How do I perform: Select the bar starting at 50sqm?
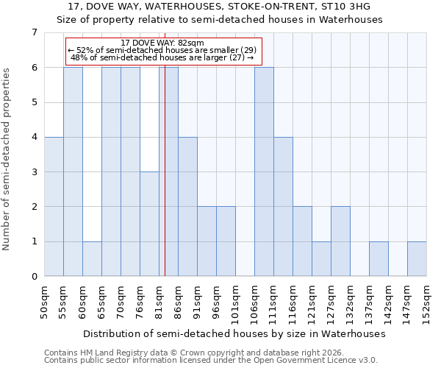coord(54,206)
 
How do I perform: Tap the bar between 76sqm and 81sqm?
coord(149,224)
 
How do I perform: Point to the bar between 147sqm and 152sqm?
coord(417,258)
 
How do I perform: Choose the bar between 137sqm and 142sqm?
coord(379,258)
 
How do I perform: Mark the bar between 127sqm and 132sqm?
coord(340,241)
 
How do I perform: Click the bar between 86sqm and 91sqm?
coord(187,206)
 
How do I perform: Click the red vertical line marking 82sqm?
coord(165,184)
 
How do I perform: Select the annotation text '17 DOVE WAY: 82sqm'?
coord(162,43)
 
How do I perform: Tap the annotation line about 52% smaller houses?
coord(162,50)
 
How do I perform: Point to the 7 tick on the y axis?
coord(34,32)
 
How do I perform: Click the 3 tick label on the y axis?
coord(34,172)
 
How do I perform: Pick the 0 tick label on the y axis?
coord(34,277)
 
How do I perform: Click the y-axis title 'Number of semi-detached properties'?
coord(7,159)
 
